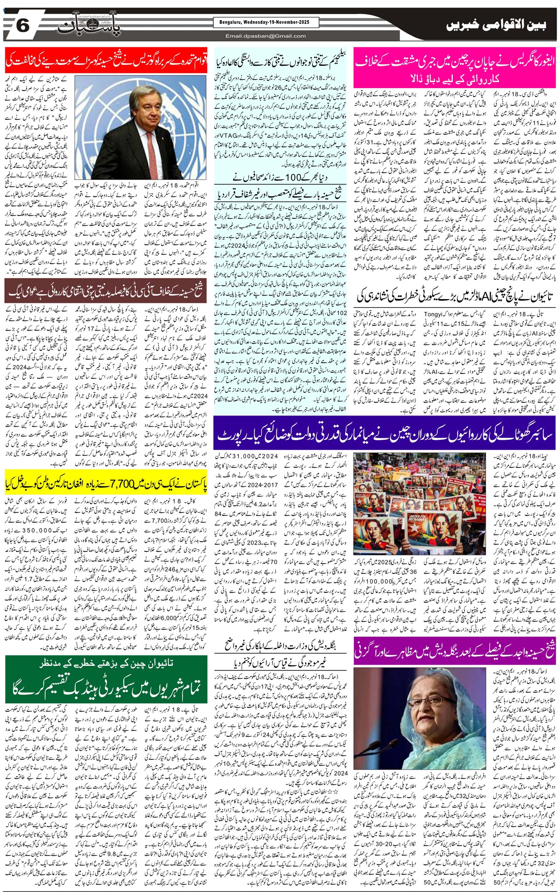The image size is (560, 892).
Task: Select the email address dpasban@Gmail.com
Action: pos(266,36)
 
